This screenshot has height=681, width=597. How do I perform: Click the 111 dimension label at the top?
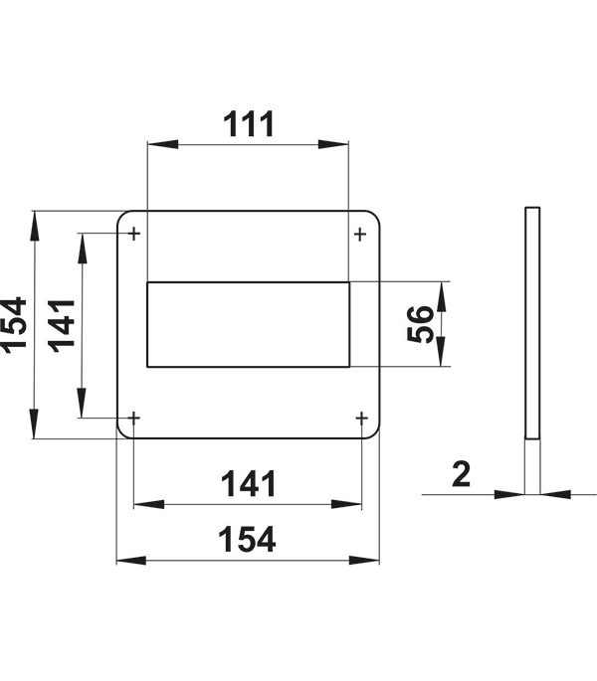(x=249, y=124)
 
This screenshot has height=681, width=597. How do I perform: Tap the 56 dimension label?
(x=421, y=324)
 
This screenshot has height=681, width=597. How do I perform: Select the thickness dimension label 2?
(x=462, y=474)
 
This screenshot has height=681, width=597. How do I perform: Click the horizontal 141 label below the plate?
(x=249, y=484)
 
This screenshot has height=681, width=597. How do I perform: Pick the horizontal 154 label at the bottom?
(x=247, y=540)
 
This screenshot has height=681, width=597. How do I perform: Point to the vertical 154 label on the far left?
(x=14, y=325)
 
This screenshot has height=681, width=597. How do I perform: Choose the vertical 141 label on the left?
(x=62, y=326)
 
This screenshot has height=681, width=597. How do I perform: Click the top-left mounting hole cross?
(x=134, y=234)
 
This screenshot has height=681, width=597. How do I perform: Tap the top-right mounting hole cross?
(x=360, y=235)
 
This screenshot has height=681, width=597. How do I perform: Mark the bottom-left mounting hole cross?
(x=134, y=419)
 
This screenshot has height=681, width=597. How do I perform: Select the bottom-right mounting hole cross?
(x=362, y=419)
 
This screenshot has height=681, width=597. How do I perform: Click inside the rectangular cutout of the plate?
(x=249, y=324)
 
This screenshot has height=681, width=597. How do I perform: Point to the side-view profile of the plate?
(x=532, y=323)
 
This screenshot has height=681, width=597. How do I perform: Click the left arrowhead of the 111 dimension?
(x=162, y=144)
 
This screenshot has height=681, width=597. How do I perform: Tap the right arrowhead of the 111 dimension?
(x=333, y=144)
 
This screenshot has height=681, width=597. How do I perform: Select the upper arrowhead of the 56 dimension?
(x=442, y=296)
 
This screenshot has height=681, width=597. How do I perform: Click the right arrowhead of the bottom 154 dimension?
(x=364, y=561)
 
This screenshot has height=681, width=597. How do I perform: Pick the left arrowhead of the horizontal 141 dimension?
(x=148, y=504)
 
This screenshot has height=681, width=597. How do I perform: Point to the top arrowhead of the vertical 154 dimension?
(x=34, y=226)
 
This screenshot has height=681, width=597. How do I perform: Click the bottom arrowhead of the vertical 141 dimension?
(x=82, y=403)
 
